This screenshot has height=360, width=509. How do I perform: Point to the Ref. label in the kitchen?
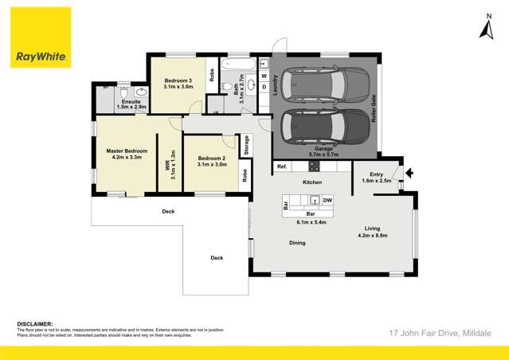click(x=281, y=166)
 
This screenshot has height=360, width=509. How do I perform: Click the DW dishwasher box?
click(x=327, y=200)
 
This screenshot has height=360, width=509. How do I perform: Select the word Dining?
click(x=297, y=242)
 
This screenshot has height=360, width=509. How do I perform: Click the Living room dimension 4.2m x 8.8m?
click(x=372, y=236)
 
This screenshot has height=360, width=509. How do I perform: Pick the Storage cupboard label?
click(x=246, y=145)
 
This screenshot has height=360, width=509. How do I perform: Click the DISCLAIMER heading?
click(x=35, y=324)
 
